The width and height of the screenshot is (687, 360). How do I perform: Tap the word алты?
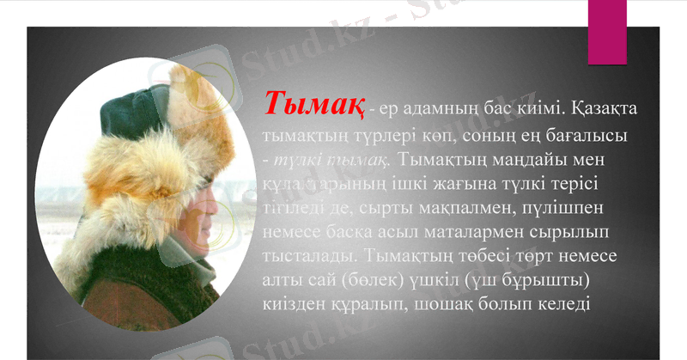pos(283,281)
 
